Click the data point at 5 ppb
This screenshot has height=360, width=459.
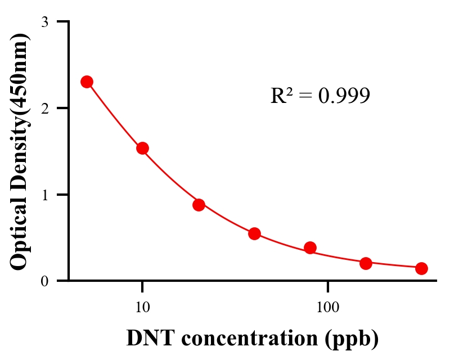87,82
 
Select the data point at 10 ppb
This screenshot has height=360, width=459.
142,148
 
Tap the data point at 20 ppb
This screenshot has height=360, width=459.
199,205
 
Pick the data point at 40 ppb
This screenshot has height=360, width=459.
254,233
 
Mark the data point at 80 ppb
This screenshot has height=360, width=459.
310,247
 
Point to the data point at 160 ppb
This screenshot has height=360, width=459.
366,263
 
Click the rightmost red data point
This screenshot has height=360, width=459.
421,268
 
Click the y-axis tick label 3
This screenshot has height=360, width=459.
45,22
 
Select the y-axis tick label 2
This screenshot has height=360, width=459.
45,108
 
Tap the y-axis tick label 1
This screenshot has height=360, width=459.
45,195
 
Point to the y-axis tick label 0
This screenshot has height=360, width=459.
45,281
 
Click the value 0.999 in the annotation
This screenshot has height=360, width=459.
344,96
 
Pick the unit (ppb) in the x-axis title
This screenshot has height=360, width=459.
351,339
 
